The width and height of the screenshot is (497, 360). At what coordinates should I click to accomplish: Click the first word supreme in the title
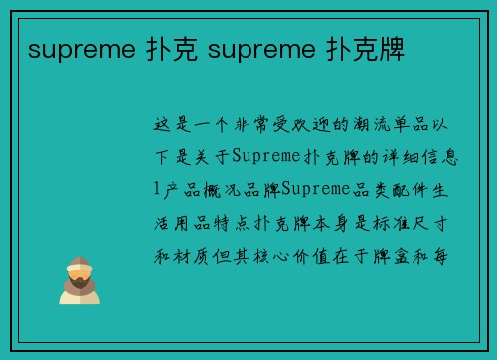point(73,51)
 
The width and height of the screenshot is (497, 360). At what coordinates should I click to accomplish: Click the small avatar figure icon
point(80,279)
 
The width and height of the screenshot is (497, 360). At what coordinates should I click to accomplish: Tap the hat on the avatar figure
point(80,263)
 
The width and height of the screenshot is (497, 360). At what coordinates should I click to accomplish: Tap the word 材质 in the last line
point(195,253)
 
